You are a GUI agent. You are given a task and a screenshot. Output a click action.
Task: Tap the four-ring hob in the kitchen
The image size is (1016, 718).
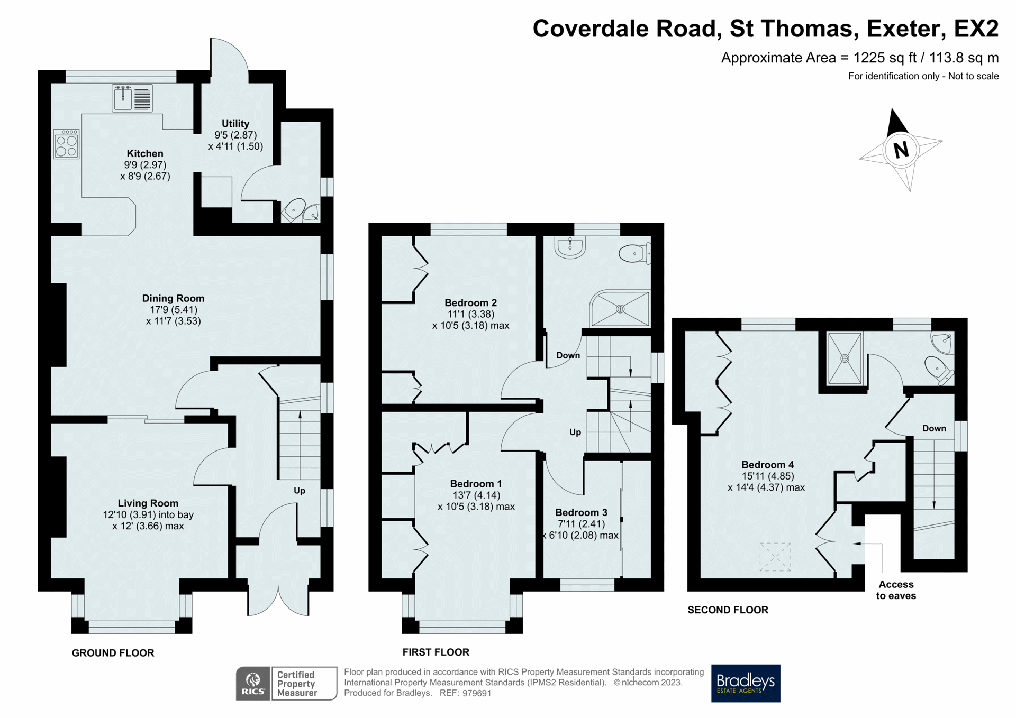67,144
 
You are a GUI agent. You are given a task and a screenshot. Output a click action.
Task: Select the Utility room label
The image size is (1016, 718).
235,124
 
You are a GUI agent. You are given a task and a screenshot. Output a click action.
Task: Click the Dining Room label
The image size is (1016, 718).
173,298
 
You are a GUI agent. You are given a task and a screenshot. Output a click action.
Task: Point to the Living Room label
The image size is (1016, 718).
148,503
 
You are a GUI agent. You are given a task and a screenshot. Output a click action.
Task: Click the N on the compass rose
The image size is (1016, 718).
901,150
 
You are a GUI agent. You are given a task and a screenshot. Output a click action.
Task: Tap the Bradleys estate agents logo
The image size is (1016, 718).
745,683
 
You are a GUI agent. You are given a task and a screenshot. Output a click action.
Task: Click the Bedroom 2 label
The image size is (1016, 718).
470,303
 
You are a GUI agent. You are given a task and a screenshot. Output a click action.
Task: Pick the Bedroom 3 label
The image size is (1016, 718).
581,512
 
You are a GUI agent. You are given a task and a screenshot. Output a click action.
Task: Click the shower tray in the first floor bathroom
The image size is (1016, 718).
620,309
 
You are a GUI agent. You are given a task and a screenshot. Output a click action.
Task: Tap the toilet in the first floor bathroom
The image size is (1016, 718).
634,254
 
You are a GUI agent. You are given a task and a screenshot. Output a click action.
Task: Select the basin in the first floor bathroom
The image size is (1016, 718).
570,247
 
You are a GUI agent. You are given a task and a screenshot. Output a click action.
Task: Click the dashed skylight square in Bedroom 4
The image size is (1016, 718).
775,557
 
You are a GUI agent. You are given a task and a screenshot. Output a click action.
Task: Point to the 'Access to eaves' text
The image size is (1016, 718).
896,590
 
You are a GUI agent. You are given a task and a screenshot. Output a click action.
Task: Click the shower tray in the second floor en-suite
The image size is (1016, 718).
845,358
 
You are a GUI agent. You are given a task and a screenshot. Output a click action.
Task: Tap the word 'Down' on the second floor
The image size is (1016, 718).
934,428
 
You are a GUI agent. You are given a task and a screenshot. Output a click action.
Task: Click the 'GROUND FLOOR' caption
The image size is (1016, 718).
113,653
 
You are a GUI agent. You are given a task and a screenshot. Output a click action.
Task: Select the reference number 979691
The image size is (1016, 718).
477,693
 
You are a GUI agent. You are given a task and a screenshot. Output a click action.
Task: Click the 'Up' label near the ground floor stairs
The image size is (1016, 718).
300,491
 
